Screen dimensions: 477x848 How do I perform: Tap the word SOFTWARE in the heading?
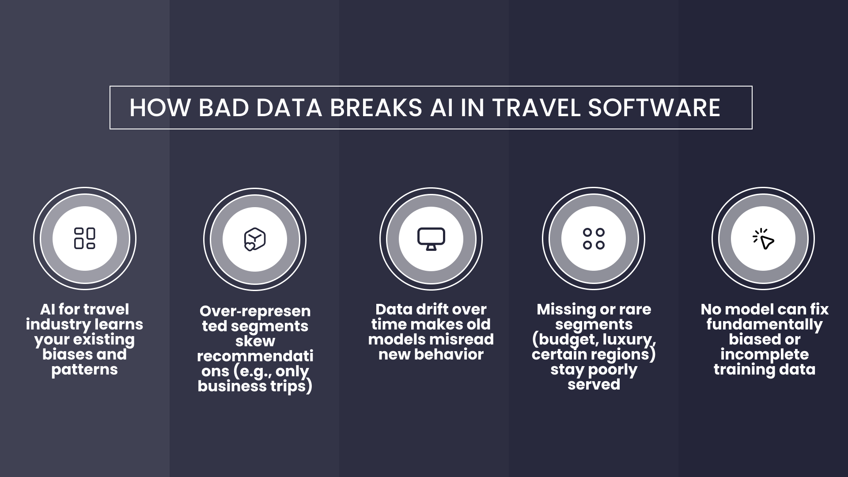(654, 108)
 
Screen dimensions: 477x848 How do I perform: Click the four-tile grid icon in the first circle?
(85, 238)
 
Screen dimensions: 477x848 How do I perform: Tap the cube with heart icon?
(255, 239)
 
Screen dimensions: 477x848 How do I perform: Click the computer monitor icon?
(431, 239)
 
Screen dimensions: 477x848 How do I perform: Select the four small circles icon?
(594, 239)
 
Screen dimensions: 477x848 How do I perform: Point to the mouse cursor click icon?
(763, 239)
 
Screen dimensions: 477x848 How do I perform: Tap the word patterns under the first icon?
(84, 369)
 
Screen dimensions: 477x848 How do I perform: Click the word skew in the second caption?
(255, 341)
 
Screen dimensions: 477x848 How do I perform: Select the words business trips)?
(255, 386)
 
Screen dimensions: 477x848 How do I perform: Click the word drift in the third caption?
(428, 309)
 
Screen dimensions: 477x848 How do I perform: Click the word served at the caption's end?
(594, 384)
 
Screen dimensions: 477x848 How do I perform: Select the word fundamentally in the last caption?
(764, 324)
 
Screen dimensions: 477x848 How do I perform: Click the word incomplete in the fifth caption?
(764, 354)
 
